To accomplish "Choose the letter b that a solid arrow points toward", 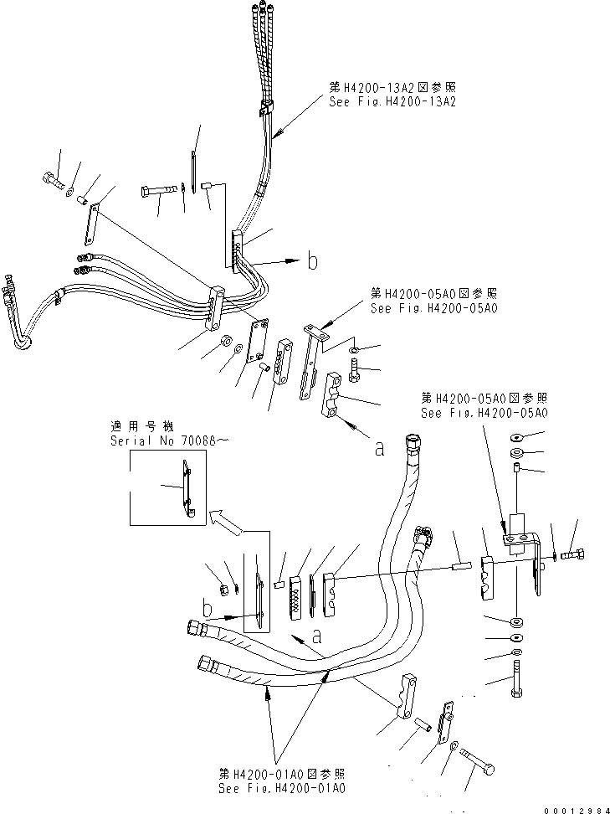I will (311, 262).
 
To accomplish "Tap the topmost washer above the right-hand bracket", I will (517, 437).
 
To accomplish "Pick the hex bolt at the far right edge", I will (574, 554).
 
